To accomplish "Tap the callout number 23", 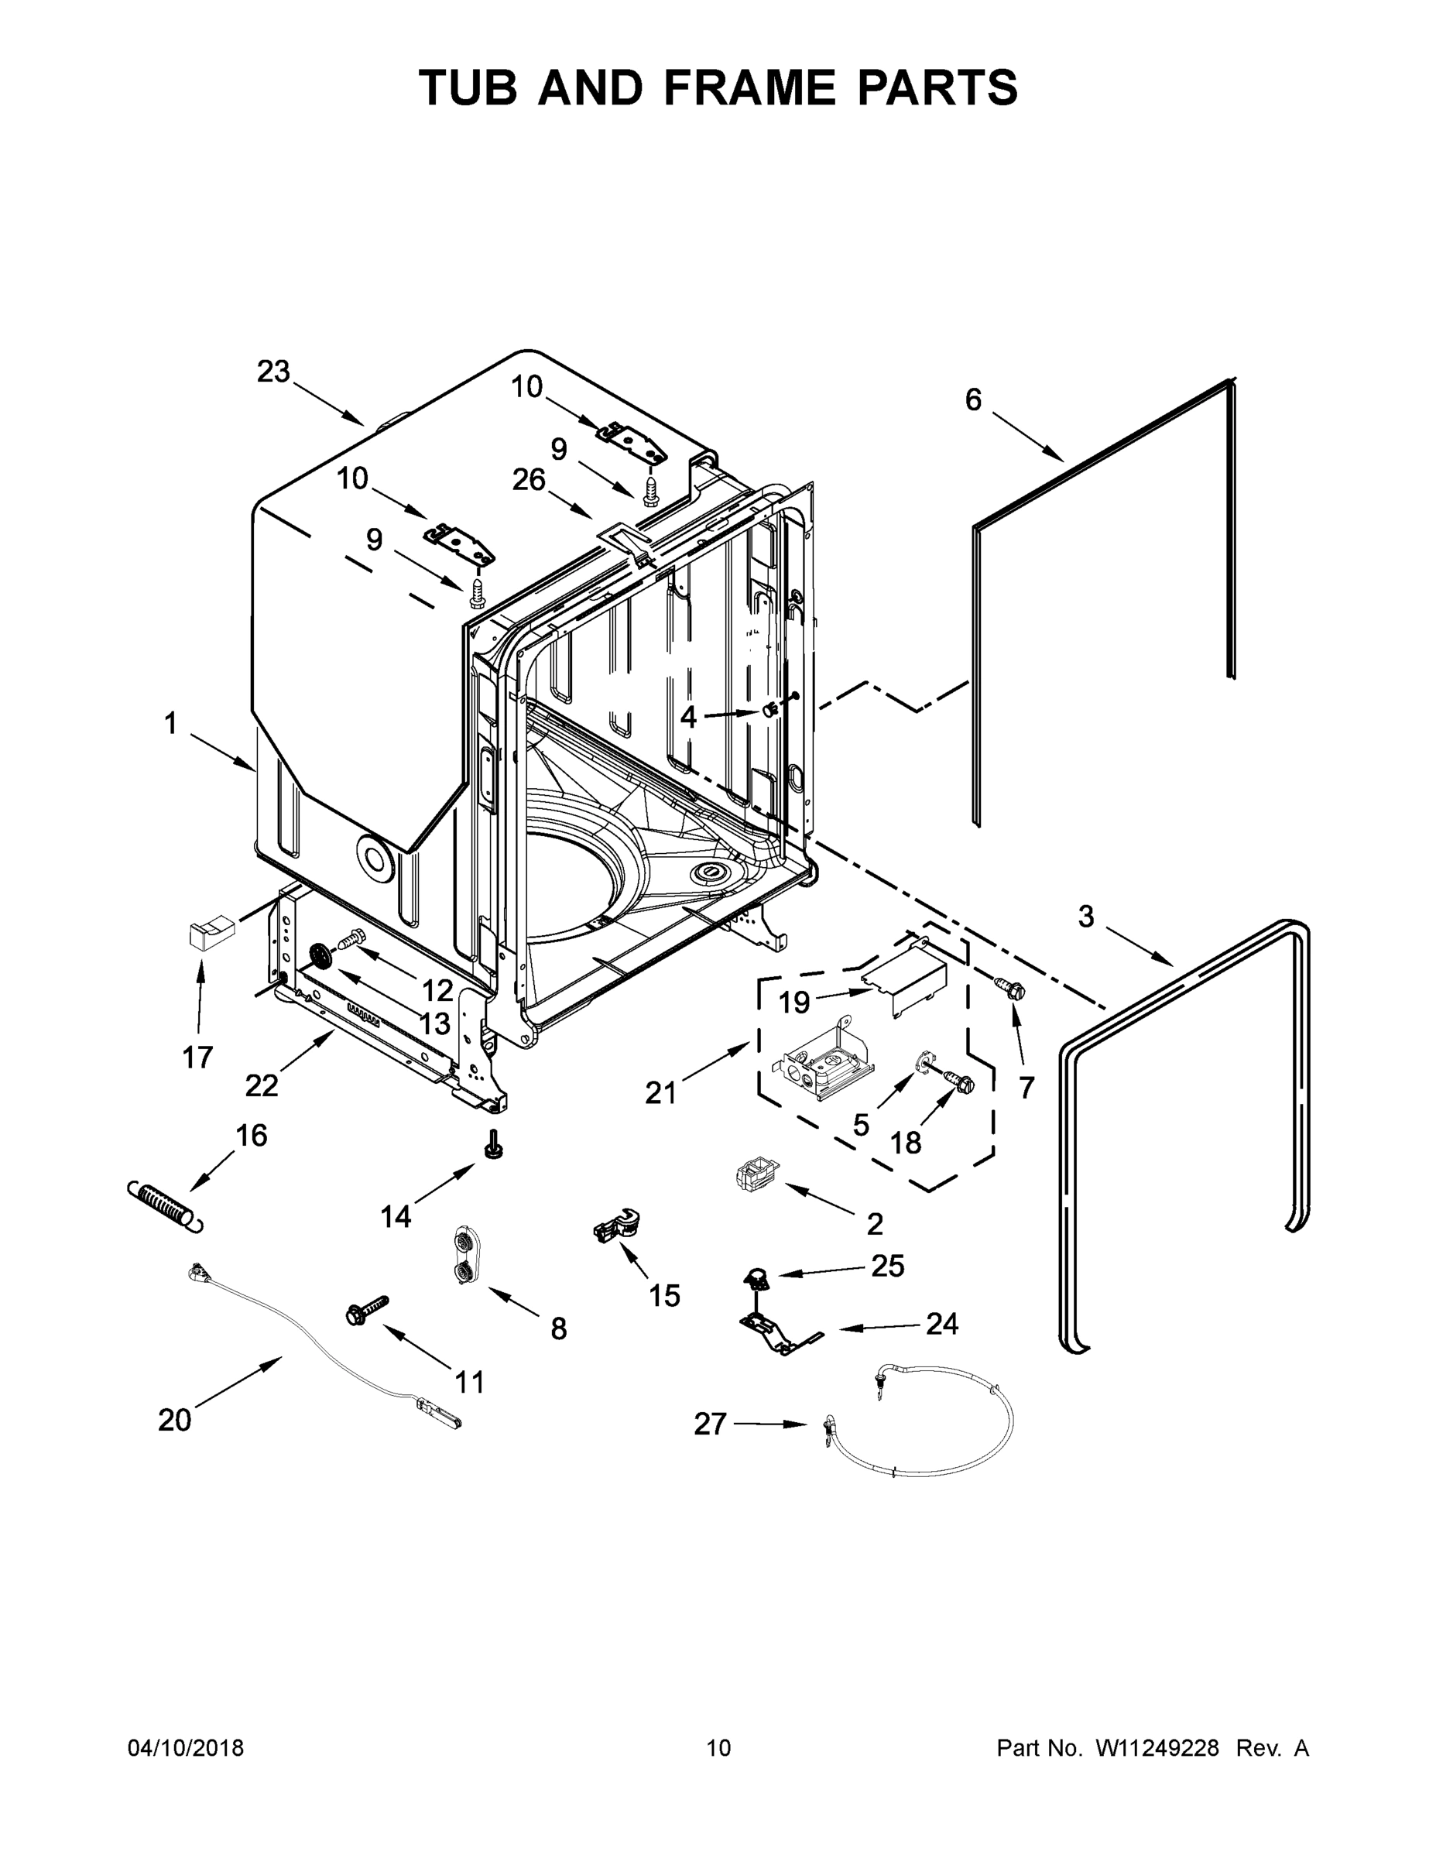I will point(273,372).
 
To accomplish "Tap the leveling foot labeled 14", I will point(492,1146).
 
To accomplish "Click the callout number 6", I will point(973,399).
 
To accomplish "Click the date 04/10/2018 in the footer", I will point(186,1748).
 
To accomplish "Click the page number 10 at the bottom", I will point(719,1748).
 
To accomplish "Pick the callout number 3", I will point(1086,917).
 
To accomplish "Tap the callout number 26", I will point(528,480).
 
